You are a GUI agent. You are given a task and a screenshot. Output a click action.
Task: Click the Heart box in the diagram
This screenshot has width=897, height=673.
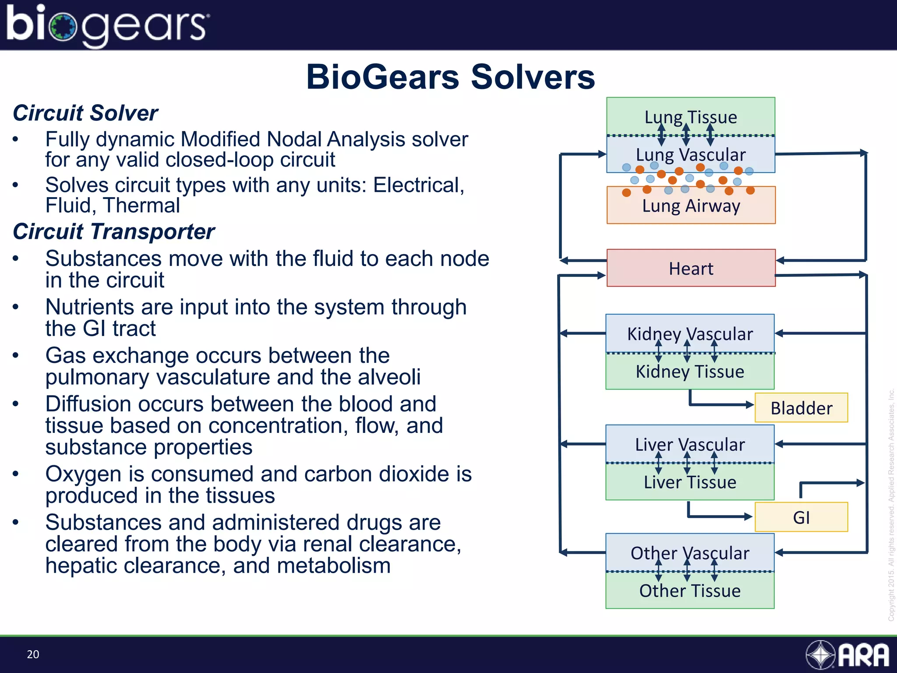691,268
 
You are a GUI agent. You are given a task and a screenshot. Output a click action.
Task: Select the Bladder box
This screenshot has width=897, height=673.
801,408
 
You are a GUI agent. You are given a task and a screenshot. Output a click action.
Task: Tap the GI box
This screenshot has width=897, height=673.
801,517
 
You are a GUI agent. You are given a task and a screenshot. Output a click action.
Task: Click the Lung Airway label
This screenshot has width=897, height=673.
691,206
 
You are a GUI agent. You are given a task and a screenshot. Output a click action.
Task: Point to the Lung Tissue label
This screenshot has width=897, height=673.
691,117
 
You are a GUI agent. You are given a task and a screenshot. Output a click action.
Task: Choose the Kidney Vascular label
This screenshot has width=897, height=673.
690,334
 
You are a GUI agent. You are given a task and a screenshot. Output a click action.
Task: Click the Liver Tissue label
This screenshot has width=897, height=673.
690,482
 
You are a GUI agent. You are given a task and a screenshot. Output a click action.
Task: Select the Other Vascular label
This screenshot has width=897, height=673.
690,553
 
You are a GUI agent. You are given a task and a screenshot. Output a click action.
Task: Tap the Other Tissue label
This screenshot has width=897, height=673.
690,591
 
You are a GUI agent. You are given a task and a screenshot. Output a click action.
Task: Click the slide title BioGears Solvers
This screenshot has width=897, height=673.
450,77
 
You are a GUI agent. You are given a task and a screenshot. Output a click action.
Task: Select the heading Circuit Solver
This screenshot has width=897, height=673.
85,113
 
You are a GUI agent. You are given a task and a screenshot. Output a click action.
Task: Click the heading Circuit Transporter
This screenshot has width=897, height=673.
113,231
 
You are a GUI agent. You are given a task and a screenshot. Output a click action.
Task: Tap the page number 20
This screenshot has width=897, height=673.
33,654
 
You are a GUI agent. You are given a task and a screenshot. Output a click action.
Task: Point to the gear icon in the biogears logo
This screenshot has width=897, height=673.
64,27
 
